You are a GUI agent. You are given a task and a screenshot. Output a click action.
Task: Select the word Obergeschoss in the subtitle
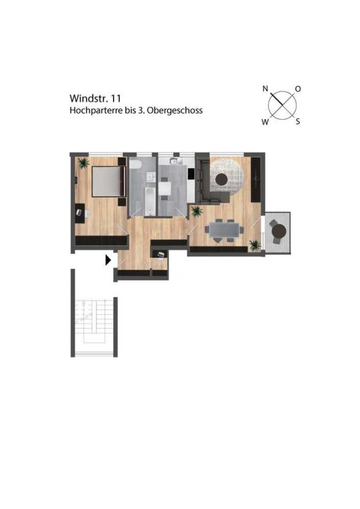pos(175,111)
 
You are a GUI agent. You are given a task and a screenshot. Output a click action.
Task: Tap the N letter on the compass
pos(265,88)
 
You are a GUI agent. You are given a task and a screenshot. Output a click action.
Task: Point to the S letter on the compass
pos(297,122)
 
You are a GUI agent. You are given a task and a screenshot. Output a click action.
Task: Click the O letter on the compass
pos(297,89)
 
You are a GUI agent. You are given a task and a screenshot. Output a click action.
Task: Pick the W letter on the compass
pos(265,122)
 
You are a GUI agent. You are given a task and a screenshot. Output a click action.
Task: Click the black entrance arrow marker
pos(108,260)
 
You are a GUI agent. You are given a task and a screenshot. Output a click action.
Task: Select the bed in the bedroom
pos(108,181)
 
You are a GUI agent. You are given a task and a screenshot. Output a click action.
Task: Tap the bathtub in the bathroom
pos(150,201)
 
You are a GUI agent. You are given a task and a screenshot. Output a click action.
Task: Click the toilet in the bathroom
pos(135,164)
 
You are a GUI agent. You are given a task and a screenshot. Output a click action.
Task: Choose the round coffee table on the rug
pos(222,179)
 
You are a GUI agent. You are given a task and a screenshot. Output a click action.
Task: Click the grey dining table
pos(224,230)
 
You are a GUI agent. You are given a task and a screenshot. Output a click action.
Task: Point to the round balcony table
pos(279,231)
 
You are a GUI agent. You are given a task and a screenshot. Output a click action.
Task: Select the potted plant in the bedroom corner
pos(83,163)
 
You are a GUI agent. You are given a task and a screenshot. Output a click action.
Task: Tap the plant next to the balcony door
pos(255,245)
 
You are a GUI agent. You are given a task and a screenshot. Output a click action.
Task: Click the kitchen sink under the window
pos(174,161)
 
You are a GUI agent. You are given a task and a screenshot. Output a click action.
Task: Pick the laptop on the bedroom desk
pos(79,212)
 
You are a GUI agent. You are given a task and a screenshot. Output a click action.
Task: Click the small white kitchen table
pos(165,188)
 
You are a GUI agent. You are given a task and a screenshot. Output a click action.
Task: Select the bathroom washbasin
pos(151,178)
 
